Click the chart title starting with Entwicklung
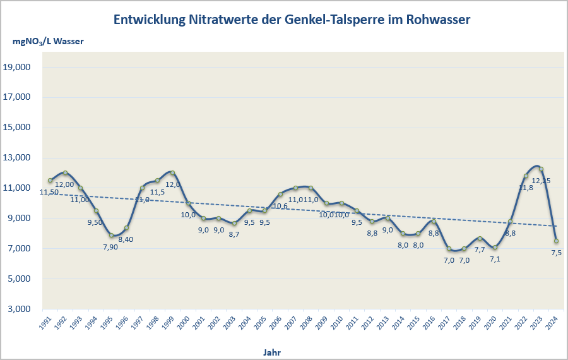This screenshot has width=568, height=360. click(x=292, y=20)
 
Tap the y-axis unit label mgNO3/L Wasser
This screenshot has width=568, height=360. click(x=48, y=42)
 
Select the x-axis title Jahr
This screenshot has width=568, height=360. click(x=272, y=351)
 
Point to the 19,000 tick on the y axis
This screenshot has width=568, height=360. click(x=27, y=67)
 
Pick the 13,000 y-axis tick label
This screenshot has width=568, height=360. click(x=27, y=158)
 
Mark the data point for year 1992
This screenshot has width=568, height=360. click(x=66, y=173)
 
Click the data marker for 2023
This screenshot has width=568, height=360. click(x=541, y=169)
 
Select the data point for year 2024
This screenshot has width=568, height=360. click(x=556, y=241)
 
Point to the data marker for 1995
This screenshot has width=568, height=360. click(x=112, y=235)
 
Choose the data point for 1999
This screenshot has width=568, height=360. click(x=173, y=173)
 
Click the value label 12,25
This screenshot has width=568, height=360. click(x=541, y=181)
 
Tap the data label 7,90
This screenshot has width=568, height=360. click(x=110, y=246)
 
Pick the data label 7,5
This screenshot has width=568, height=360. click(x=556, y=253)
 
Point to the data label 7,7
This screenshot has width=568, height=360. click(x=480, y=249)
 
